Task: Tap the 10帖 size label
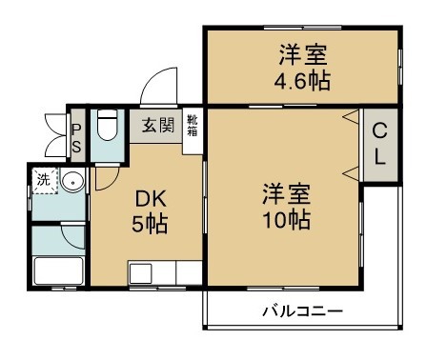point(286,221)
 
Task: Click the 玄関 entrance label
point(158,125)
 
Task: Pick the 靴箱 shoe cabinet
point(192,126)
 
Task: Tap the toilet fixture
point(107,126)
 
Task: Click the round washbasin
point(74,183)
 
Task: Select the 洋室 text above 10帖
point(286,193)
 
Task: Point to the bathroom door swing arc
point(69,237)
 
